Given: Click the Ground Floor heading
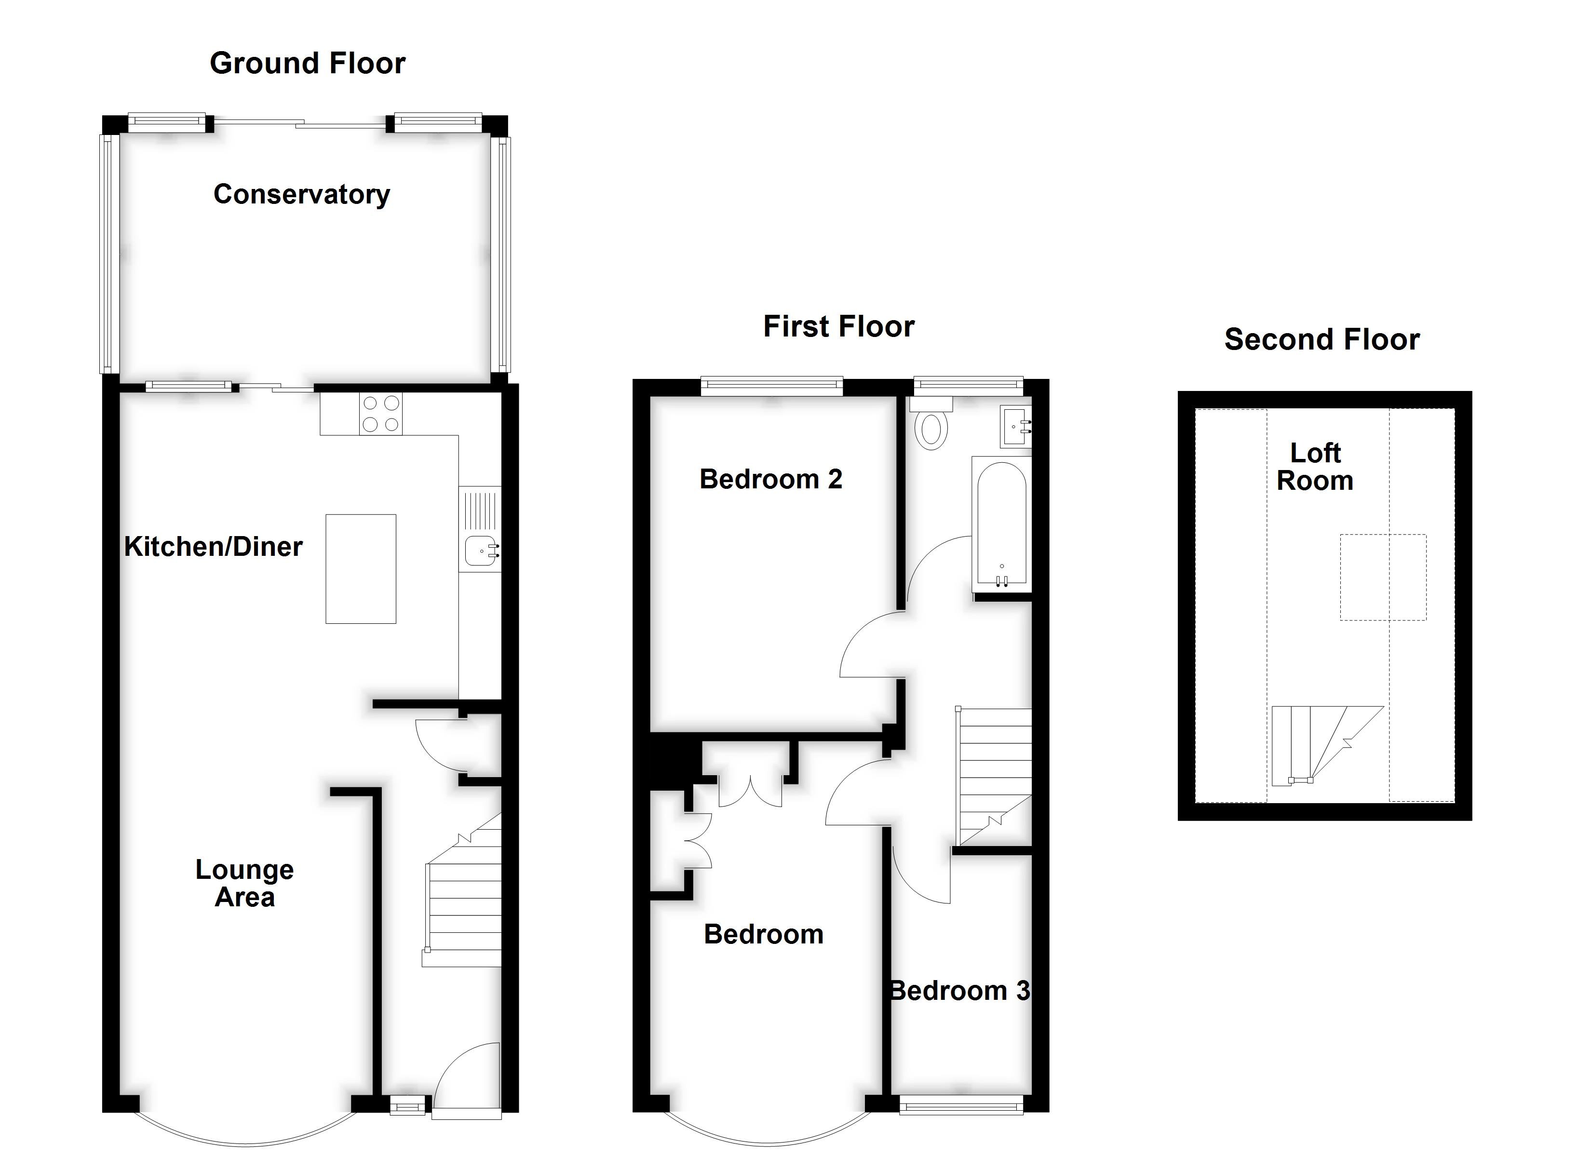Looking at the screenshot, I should coord(307,63).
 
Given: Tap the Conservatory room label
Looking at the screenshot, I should coord(302,194).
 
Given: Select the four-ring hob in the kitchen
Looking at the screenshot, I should coord(380,414).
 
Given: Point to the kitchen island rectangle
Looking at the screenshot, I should coord(361,569).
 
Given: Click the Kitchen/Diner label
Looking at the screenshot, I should coord(213,547).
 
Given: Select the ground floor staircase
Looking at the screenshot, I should coord(463,905).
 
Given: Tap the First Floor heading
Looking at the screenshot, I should coord(838,327).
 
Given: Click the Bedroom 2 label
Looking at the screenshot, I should coord(770,479).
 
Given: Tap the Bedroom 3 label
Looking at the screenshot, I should coord(959,991).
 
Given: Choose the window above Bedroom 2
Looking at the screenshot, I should coord(772,383).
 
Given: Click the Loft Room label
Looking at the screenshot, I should coord(1315,467).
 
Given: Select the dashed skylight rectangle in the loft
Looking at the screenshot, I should coord(1383,578).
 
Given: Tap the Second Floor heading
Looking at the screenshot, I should coord(1321,339).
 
